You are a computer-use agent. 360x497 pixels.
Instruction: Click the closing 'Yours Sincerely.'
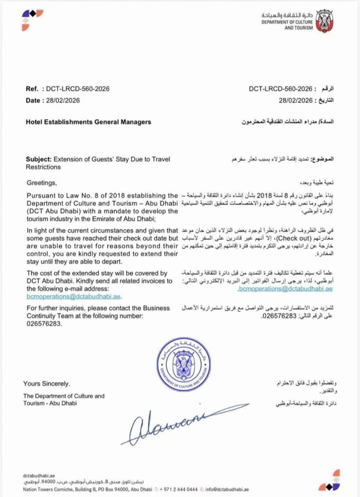(46, 383)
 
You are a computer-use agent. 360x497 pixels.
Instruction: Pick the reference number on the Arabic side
(279, 89)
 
